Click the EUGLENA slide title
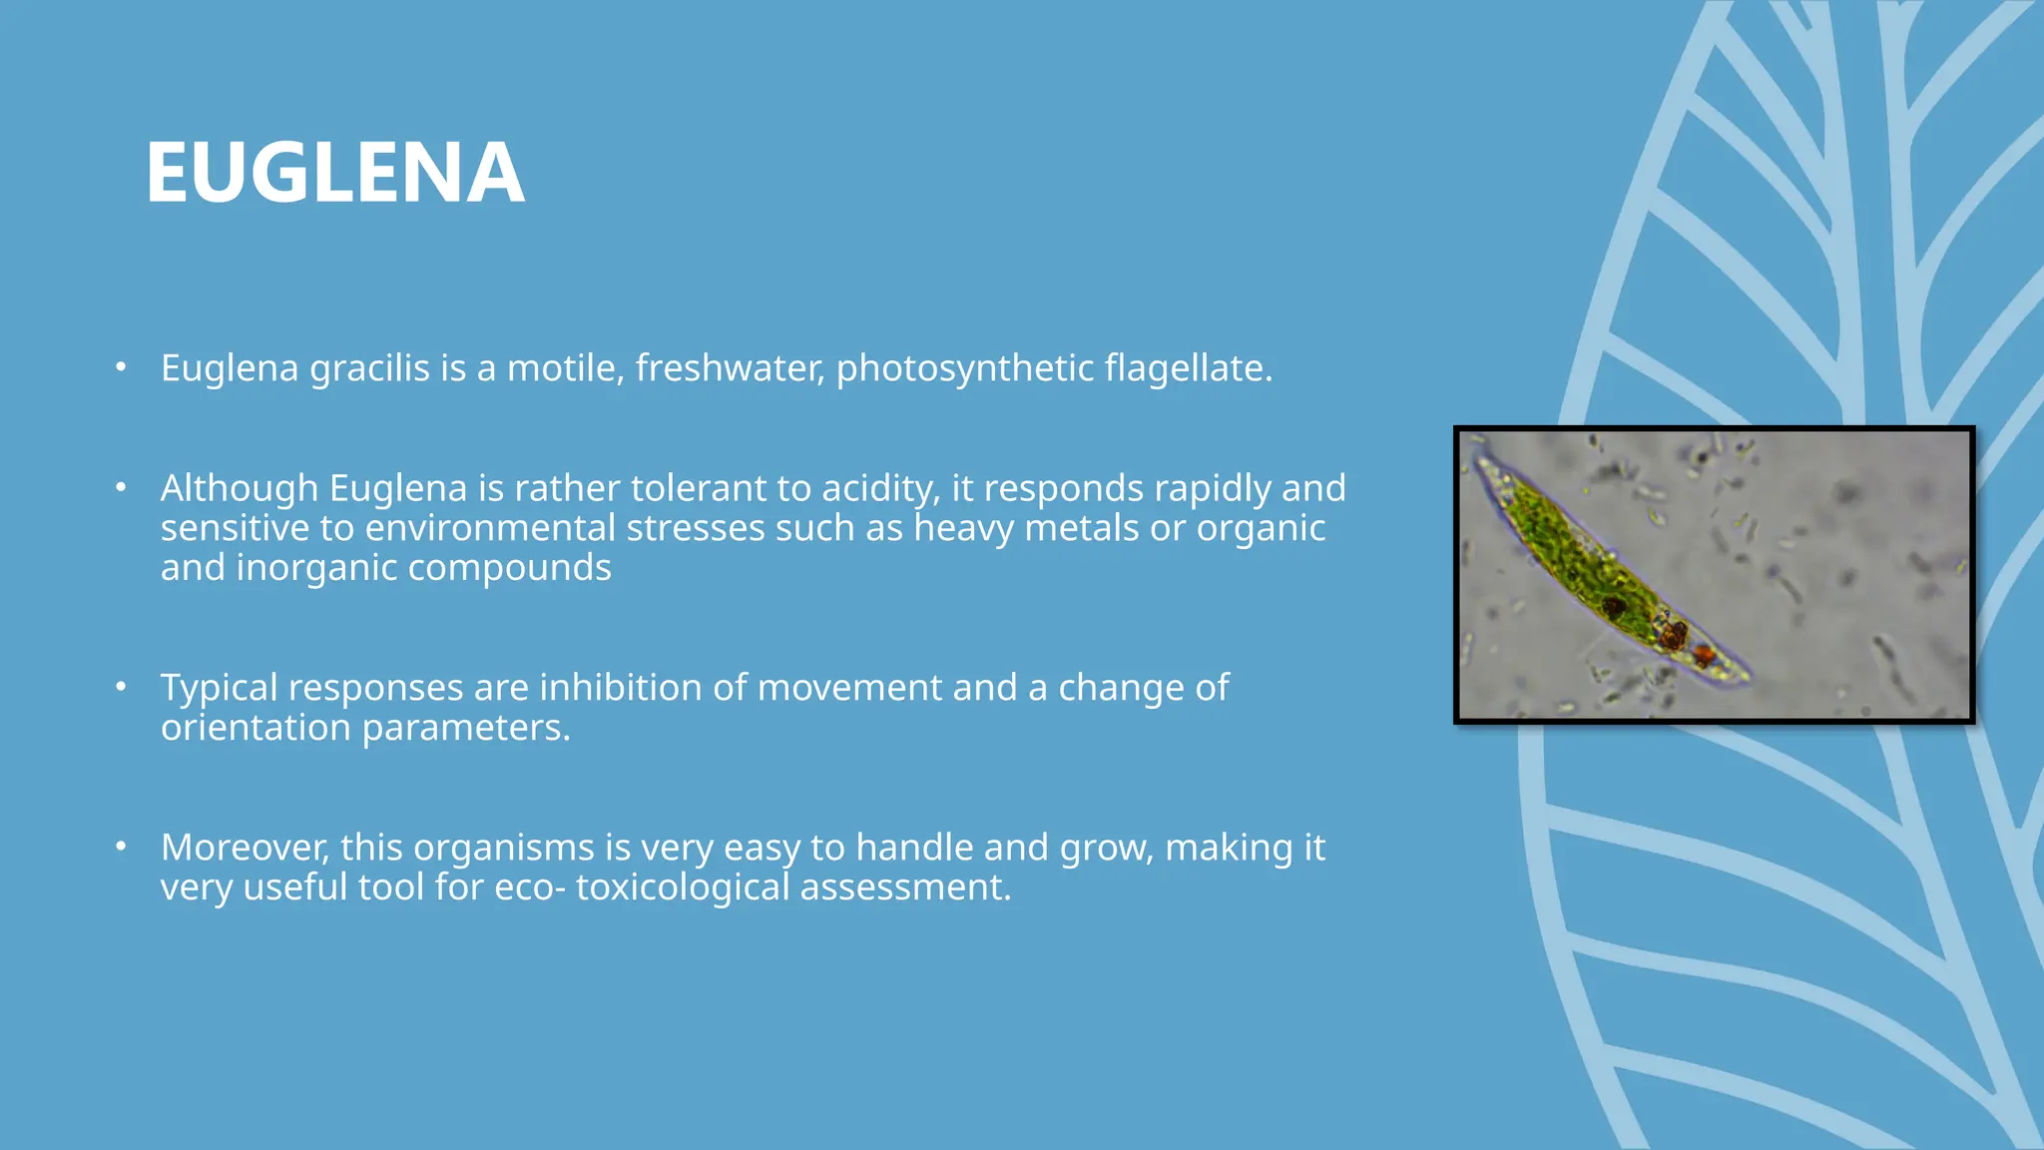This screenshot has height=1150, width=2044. tap(335, 174)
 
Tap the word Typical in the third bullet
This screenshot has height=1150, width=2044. tap(219, 688)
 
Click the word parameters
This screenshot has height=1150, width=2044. tap(465, 729)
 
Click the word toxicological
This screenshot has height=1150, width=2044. tap(682, 887)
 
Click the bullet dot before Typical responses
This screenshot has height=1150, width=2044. tap(121, 687)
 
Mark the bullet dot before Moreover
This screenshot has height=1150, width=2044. tap(121, 847)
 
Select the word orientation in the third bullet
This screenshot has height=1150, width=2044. tap(255, 729)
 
